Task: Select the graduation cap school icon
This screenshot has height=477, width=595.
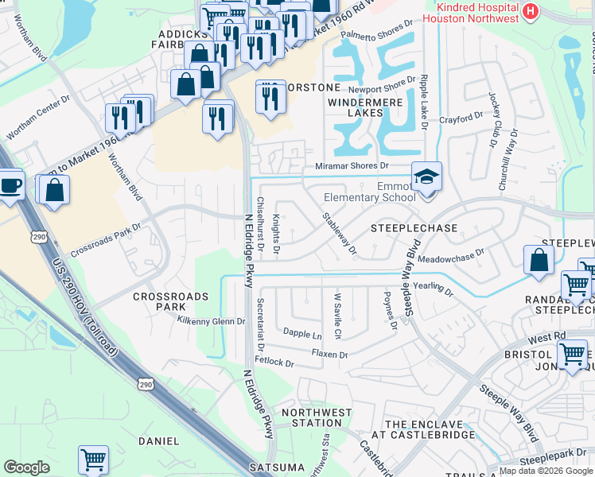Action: tap(426, 177)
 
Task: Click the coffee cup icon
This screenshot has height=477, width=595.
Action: tap(10, 186)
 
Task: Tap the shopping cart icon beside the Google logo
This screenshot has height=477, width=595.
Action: tap(93, 459)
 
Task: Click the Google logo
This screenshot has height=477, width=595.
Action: tap(26, 467)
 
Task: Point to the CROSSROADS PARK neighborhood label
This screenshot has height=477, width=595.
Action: tap(170, 301)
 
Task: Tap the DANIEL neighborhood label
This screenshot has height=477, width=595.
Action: tap(158, 440)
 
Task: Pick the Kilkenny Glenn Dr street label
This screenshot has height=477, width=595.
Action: tap(210, 321)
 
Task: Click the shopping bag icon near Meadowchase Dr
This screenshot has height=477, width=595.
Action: tap(539, 259)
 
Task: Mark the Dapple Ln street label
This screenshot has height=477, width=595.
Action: tap(303, 335)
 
